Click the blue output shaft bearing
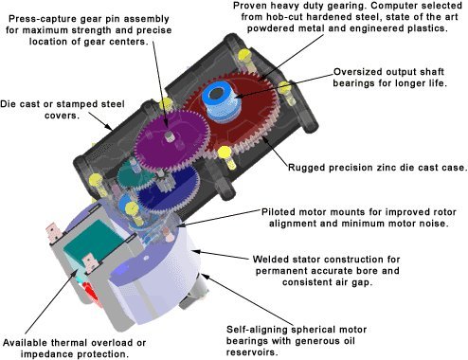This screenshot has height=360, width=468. pos(221,102)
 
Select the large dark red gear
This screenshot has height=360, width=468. pos(234,117)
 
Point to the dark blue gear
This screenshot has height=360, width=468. pos(168,189)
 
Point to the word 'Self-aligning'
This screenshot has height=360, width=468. pos(259,330)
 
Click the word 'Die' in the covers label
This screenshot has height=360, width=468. pos(8,104)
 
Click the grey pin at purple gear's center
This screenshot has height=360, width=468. pos(171,136)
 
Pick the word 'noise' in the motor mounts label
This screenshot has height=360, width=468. pos(433,224)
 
